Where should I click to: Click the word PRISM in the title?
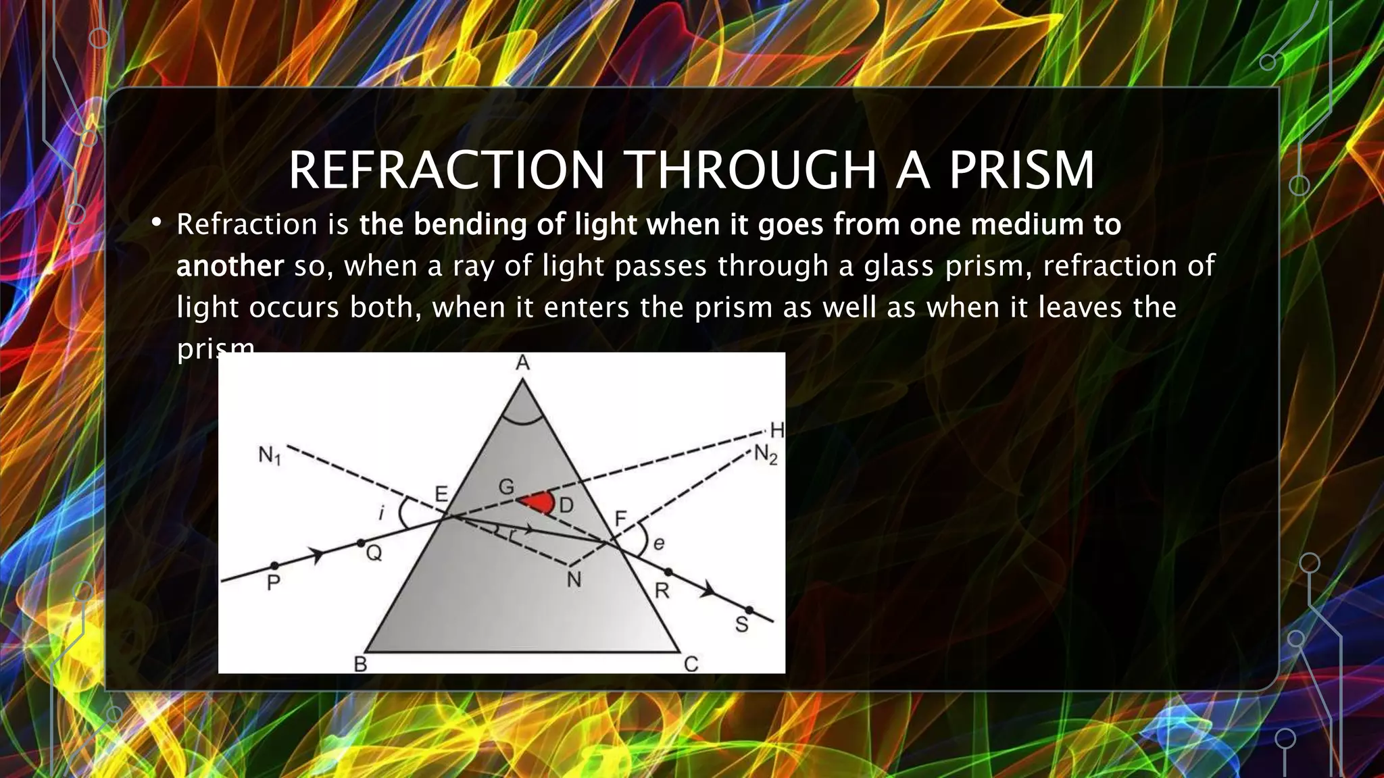pyautogui.click(x=1021, y=170)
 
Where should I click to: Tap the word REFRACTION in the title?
pyautogui.click(x=446, y=170)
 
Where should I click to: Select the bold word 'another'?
pyautogui.click(x=230, y=266)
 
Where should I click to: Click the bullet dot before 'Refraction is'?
pyautogui.click(x=156, y=223)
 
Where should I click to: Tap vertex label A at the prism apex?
pyautogui.click(x=522, y=364)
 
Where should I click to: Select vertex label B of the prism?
pyautogui.click(x=361, y=665)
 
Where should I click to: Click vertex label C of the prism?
pyautogui.click(x=691, y=665)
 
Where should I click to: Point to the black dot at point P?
pyautogui.click(x=274, y=565)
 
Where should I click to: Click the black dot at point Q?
pyautogui.click(x=360, y=543)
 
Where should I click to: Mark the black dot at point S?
pyautogui.click(x=749, y=611)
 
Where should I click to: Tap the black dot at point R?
pyautogui.click(x=668, y=573)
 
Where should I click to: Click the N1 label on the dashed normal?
pyautogui.click(x=270, y=457)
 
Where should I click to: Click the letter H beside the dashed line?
pyautogui.click(x=777, y=430)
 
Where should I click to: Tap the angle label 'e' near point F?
pyautogui.click(x=658, y=542)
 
